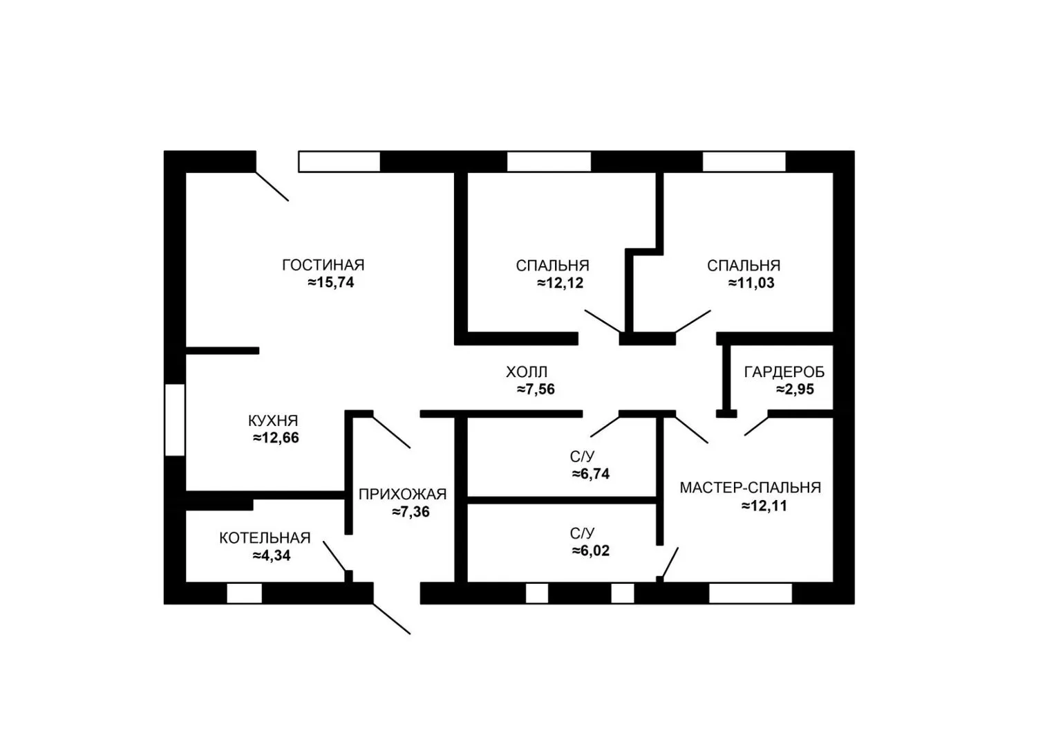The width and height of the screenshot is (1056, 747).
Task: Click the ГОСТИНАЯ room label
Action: (x=323, y=265)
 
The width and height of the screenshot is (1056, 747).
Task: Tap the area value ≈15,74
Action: (x=330, y=282)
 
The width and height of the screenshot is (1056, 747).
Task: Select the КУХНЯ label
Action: (x=273, y=421)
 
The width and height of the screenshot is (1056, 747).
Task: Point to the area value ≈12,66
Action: (x=276, y=438)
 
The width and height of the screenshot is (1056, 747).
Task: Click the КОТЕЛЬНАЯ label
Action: (x=265, y=538)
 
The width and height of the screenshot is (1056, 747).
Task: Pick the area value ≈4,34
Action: (x=272, y=555)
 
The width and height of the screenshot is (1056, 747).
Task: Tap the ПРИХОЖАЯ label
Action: (x=403, y=494)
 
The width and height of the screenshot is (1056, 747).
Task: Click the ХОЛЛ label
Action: (x=527, y=372)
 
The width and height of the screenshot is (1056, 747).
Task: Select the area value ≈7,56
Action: (x=536, y=389)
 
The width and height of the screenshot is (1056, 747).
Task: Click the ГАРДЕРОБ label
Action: (x=784, y=372)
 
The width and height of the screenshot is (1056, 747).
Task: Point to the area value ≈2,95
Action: (x=795, y=389)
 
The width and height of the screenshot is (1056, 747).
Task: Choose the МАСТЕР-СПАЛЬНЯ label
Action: (x=751, y=488)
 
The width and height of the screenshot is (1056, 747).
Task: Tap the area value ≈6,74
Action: (x=591, y=473)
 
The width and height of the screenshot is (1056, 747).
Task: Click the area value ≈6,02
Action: (x=591, y=551)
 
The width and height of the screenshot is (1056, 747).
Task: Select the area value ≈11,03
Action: (x=751, y=283)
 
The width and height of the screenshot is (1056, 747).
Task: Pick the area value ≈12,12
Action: (x=560, y=283)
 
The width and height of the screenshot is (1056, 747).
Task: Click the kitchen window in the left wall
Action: (x=175, y=420)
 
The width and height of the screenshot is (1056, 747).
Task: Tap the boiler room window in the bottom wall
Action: (x=244, y=593)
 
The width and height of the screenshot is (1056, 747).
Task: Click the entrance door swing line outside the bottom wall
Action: (x=392, y=618)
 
